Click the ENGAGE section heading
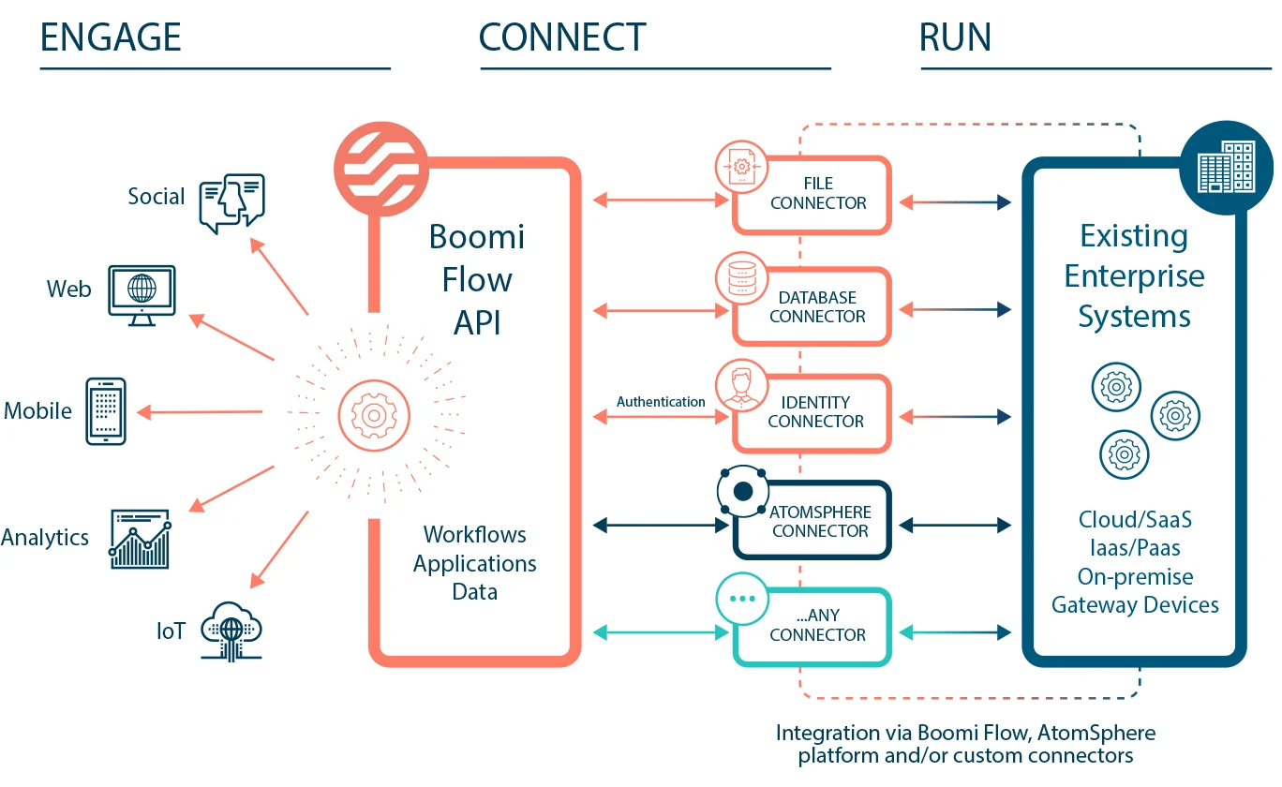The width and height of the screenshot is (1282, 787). [x=111, y=37]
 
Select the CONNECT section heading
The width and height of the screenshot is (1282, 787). [x=562, y=37]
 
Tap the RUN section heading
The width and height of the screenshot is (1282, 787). [x=955, y=37]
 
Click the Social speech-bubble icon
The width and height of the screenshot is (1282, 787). [x=231, y=202]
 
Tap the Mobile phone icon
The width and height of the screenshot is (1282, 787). [x=106, y=410]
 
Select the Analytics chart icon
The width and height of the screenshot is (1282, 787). [x=140, y=539]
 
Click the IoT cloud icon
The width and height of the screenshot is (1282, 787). [x=231, y=631]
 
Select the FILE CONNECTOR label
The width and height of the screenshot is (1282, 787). [x=818, y=193]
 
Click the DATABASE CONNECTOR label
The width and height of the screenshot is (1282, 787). [x=817, y=307]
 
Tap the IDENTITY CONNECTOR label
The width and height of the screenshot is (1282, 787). [x=816, y=412]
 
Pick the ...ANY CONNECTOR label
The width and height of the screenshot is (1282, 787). [x=817, y=625]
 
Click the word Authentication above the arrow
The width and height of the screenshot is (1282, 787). [x=661, y=402]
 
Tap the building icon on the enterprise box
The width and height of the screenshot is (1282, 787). [x=1228, y=170]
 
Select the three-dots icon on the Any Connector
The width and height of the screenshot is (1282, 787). [x=741, y=598]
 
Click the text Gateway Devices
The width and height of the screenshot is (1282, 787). [x=1135, y=605]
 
